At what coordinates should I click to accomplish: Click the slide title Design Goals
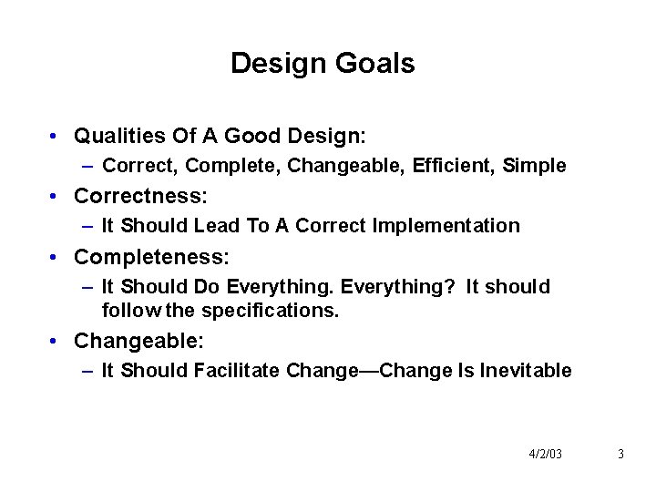pos(323,64)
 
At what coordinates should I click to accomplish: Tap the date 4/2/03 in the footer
pos(545,454)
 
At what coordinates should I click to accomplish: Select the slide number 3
pos(620,454)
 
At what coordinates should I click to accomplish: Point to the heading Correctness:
pos(140,196)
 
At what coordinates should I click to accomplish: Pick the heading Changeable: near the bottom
pos(138,341)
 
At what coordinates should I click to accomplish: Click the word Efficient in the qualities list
pos(450,166)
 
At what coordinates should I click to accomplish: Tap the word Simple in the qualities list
pos(535,166)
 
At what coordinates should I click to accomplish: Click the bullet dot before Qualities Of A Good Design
pos(56,138)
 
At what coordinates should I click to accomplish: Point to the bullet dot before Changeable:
pos(56,342)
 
